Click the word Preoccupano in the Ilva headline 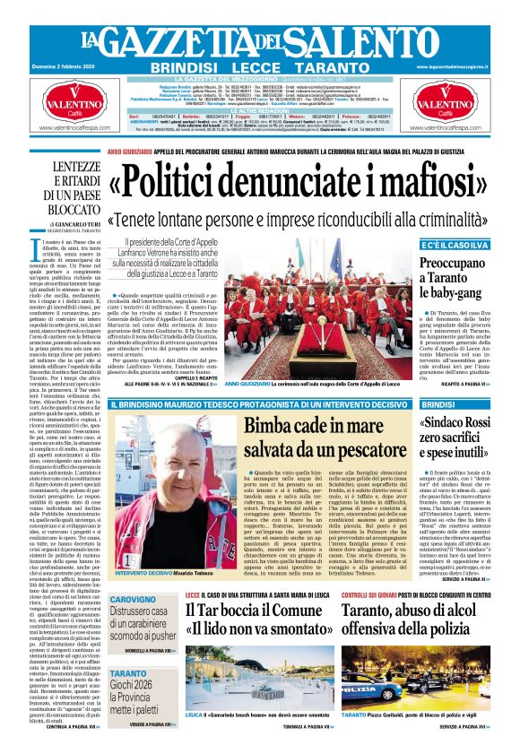click(x=458, y=266)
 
